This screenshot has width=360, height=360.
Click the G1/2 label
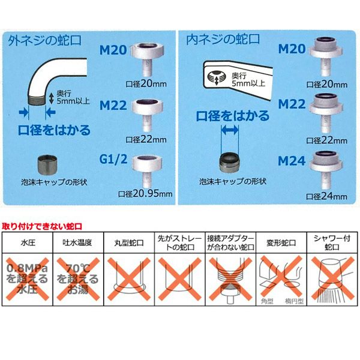pyautogui.click(x=113, y=159)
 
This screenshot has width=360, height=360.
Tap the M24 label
pyautogui.click(x=292, y=161)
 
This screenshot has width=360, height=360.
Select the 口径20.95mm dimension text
pyautogui.click(x=145, y=194)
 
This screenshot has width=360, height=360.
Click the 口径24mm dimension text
pyautogui.click(x=327, y=196)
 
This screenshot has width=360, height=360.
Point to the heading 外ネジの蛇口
pyautogui.click(x=45, y=40)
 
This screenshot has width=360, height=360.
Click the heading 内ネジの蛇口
pyautogui.click(x=223, y=39)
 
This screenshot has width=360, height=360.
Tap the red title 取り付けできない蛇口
pyautogui.click(x=42, y=226)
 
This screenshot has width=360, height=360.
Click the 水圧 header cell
pyautogui.click(x=28, y=242)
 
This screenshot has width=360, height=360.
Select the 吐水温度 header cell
pyautogui.click(x=78, y=242)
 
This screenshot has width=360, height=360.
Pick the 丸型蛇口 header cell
pyautogui.click(x=129, y=242)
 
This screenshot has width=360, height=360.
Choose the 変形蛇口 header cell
pyautogui.click(x=281, y=242)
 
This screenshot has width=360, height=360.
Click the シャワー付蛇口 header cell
pyautogui.click(x=332, y=242)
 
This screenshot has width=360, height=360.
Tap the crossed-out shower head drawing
pyautogui.click(x=332, y=279)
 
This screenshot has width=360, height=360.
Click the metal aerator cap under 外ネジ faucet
pyautogui.click(x=47, y=164)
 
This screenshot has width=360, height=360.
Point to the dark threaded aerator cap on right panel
pyautogui.click(x=229, y=163)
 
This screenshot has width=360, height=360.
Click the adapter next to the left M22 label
pyautogui.click(x=147, y=115)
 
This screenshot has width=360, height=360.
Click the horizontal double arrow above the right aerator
pyautogui.click(x=230, y=130)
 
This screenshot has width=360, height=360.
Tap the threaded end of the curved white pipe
pyautogui.click(x=37, y=100)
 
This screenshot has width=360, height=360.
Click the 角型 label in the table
pyautogui.click(x=267, y=301)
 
